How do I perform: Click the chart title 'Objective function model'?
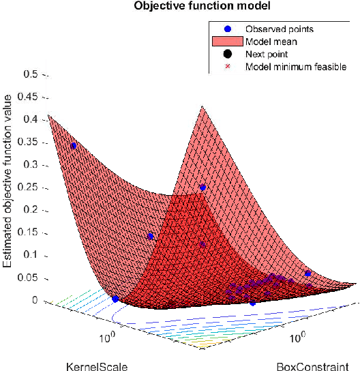coord(180,7)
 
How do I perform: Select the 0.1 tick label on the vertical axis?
coord(30,255)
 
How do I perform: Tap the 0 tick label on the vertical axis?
coord(35,300)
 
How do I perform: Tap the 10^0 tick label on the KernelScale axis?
coord(108,337)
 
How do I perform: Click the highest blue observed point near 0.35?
coord(73,146)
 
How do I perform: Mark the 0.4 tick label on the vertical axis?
coord(30,119)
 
